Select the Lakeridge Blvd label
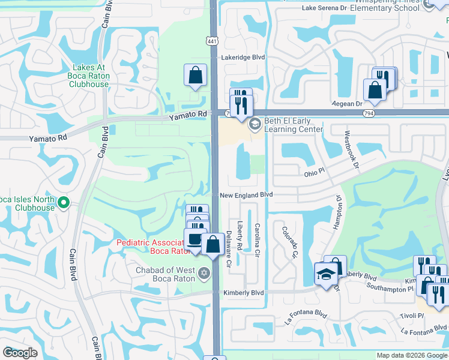[243, 58]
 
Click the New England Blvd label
[246, 195]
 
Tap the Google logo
[20, 353]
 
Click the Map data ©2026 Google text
[412, 355]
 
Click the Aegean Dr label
[348, 104]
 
